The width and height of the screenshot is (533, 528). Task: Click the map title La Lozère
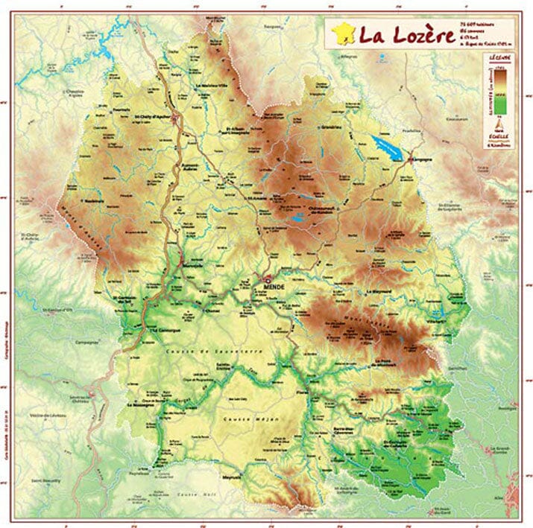point(406,35)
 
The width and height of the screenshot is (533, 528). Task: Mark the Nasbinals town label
point(93,200)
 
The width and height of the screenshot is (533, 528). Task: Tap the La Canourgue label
point(164,328)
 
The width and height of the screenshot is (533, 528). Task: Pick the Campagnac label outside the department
point(87,343)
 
